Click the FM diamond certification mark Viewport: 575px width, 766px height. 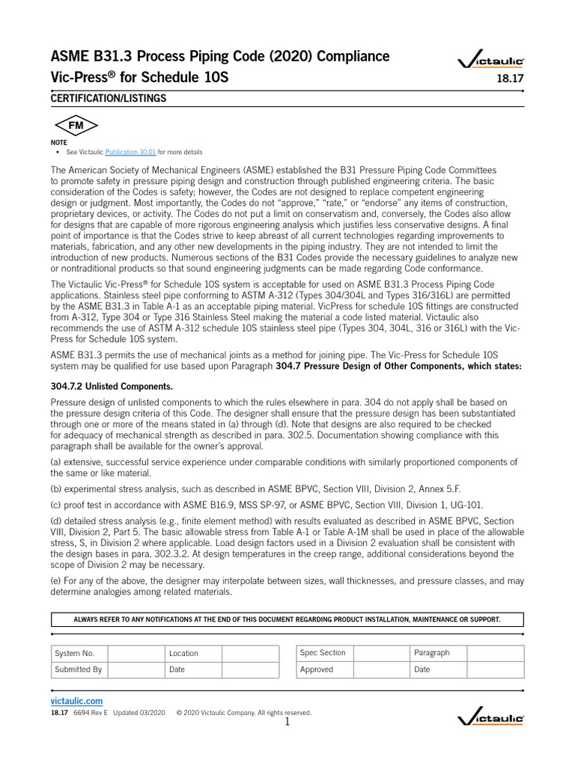click(x=76, y=126)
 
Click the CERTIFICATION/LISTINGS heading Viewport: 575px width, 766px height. click(x=108, y=99)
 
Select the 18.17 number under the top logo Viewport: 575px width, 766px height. click(x=511, y=78)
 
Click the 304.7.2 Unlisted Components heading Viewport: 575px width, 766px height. click(x=112, y=386)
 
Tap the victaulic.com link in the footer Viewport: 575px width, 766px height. click(x=76, y=701)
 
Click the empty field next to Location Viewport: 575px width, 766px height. click(x=250, y=653)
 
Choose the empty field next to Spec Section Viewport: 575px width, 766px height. click(x=381, y=653)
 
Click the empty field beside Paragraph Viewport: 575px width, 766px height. click(x=496, y=653)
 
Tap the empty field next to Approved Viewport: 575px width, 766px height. click(x=381, y=670)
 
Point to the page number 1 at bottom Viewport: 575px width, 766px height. click(x=287, y=722)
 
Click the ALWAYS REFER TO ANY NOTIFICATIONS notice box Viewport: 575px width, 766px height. click(x=287, y=619)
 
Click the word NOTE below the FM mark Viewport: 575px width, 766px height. click(x=58, y=142)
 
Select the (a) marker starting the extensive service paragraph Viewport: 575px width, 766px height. click(x=57, y=462)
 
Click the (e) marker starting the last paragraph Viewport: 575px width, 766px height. click(x=57, y=580)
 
